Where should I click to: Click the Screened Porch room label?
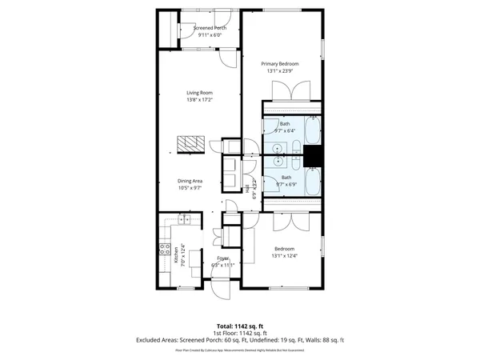pos(210,28)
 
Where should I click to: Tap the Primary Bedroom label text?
pos(282,63)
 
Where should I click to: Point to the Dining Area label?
pos(190,181)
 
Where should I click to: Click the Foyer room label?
pos(223,258)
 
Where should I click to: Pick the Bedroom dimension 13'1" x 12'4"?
pos(285,255)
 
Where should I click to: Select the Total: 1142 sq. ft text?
pos(240,326)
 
